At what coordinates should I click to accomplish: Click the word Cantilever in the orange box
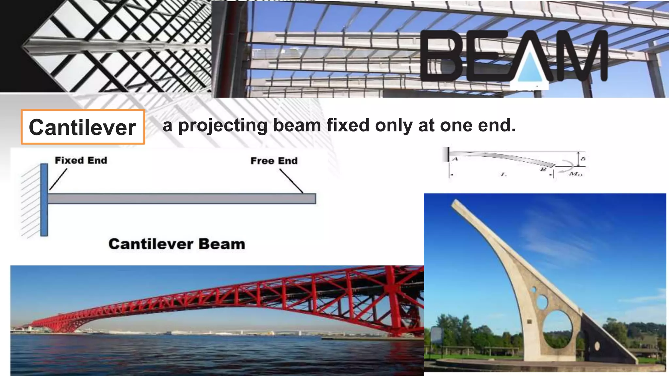[x=82, y=127]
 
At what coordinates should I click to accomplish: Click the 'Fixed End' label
[x=81, y=161]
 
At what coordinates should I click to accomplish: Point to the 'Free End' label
[x=274, y=161]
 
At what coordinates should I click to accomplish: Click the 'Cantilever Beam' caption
[x=177, y=244]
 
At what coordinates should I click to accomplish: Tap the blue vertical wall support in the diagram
[x=44, y=200]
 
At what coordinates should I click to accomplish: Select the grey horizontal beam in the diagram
[x=182, y=198]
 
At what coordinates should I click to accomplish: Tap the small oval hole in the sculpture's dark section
[x=597, y=346]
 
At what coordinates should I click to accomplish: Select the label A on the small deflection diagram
[x=455, y=159]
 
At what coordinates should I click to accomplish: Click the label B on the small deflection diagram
[x=543, y=169]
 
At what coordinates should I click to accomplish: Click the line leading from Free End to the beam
[x=291, y=181]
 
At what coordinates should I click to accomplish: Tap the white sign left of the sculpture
[x=436, y=335]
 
